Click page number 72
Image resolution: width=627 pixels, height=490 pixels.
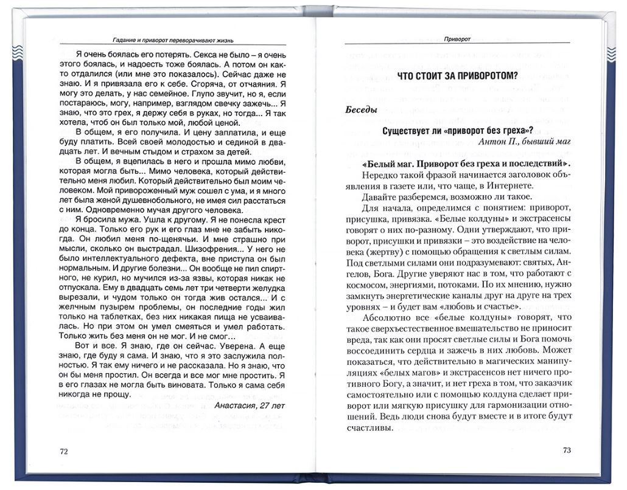[x=64, y=451]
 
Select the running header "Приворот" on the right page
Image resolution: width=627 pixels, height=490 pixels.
[x=457, y=38]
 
